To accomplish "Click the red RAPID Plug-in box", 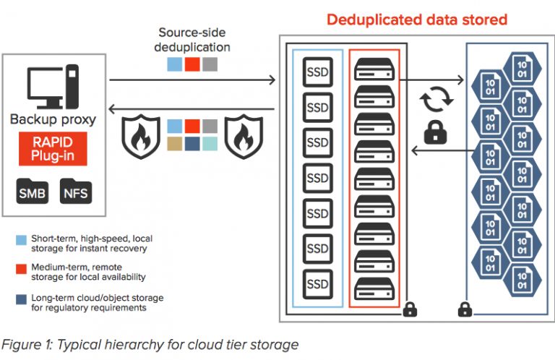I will pyautogui.click(x=53, y=149).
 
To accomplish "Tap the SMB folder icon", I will pyautogui.click(x=31, y=192).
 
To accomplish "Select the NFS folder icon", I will pyautogui.click(x=76, y=192).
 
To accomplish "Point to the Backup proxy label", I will pyautogui.click(x=53, y=119).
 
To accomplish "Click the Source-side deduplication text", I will pyautogui.click(x=193, y=40).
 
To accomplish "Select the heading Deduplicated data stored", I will pyautogui.click(x=416, y=20).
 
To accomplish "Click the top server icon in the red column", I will pyautogui.click(x=374, y=68).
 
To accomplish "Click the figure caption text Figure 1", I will pyautogui.click(x=150, y=344).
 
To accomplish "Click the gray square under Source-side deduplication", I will pyautogui.click(x=210, y=65).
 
